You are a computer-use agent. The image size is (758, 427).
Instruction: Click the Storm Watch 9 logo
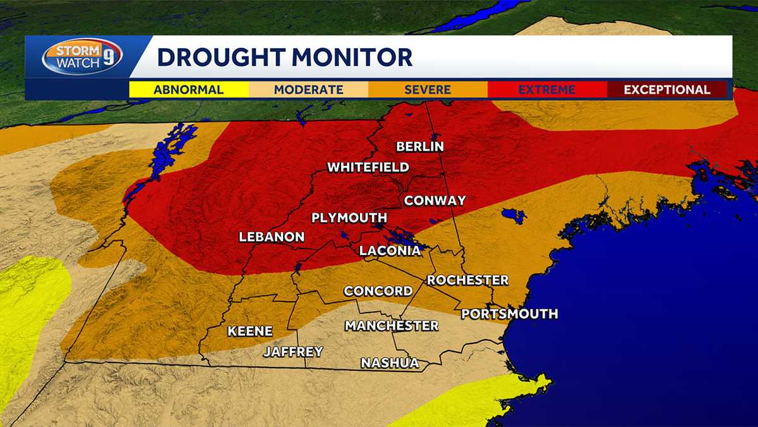(x=82, y=57)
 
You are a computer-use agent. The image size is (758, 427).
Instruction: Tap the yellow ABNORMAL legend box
(x=189, y=89)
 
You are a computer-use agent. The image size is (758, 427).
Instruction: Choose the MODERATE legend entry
(x=308, y=89)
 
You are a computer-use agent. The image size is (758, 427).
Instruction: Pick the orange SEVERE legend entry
(x=428, y=89)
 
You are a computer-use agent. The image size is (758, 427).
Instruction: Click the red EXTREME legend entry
(x=547, y=89)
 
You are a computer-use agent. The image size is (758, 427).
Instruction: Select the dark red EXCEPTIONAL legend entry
(x=667, y=89)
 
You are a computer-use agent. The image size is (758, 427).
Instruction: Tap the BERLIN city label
(x=420, y=147)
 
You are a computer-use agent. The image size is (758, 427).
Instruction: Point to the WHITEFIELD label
(x=368, y=168)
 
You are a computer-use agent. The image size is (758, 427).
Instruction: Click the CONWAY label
(x=435, y=201)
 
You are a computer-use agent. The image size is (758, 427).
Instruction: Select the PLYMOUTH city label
(x=349, y=218)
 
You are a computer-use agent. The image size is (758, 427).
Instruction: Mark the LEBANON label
(x=272, y=237)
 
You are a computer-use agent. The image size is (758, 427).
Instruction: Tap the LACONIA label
(x=390, y=251)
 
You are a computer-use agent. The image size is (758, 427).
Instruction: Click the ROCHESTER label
(x=467, y=280)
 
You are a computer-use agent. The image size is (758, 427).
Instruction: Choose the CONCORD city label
(x=378, y=291)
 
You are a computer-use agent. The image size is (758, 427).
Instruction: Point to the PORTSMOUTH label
(x=509, y=314)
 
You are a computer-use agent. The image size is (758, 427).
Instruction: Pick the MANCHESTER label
(x=391, y=326)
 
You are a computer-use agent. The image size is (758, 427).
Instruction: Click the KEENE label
(x=250, y=331)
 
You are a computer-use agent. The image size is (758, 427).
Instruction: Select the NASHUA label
(x=390, y=363)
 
